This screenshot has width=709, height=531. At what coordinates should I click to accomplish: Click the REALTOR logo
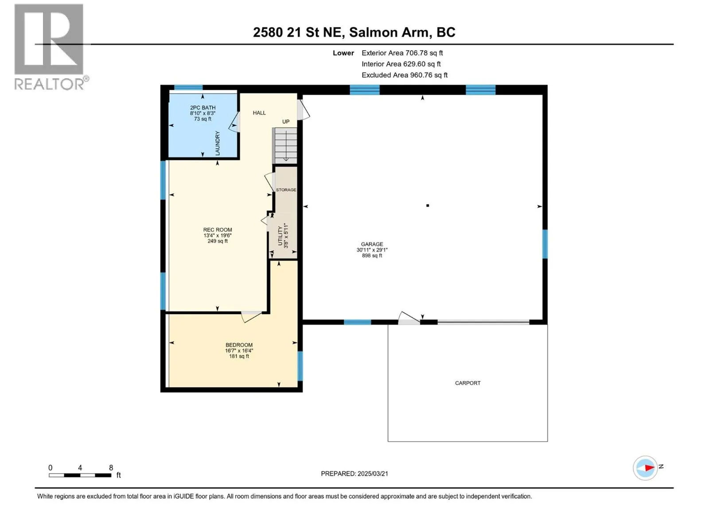click(x=50, y=47)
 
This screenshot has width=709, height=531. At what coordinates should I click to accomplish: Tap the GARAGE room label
click(x=372, y=244)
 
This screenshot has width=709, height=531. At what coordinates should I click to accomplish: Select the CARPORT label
click(x=467, y=383)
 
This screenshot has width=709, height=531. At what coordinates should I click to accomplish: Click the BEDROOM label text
click(x=239, y=345)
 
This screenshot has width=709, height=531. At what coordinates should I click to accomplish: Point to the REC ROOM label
click(x=218, y=230)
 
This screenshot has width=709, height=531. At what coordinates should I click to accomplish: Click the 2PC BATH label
click(x=203, y=108)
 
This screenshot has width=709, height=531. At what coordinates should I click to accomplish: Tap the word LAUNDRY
click(x=218, y=143)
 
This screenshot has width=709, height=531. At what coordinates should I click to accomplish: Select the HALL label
click(x=259, y=112)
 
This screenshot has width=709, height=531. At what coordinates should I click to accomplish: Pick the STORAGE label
click(x=286, y=189)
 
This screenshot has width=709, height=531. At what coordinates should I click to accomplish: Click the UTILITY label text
click(x=280, y=236)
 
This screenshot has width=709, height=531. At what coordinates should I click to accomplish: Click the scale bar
click(x=80, y=475)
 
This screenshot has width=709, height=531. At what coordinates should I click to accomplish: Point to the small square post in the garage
click(x=427, y=205)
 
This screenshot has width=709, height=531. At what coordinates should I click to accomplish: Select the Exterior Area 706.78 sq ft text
click(x=402, y=53)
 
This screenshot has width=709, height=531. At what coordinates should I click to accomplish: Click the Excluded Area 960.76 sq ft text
click(x=405, y=75)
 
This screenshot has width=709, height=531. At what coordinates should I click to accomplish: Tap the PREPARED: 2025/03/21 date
click(x=354, y=473)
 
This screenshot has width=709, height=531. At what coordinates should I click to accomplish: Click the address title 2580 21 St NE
click(x=297, y=32)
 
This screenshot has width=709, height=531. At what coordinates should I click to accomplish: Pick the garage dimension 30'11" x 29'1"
click(x=372, y=250)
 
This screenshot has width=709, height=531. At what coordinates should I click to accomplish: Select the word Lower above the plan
click(x=343, y=53)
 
